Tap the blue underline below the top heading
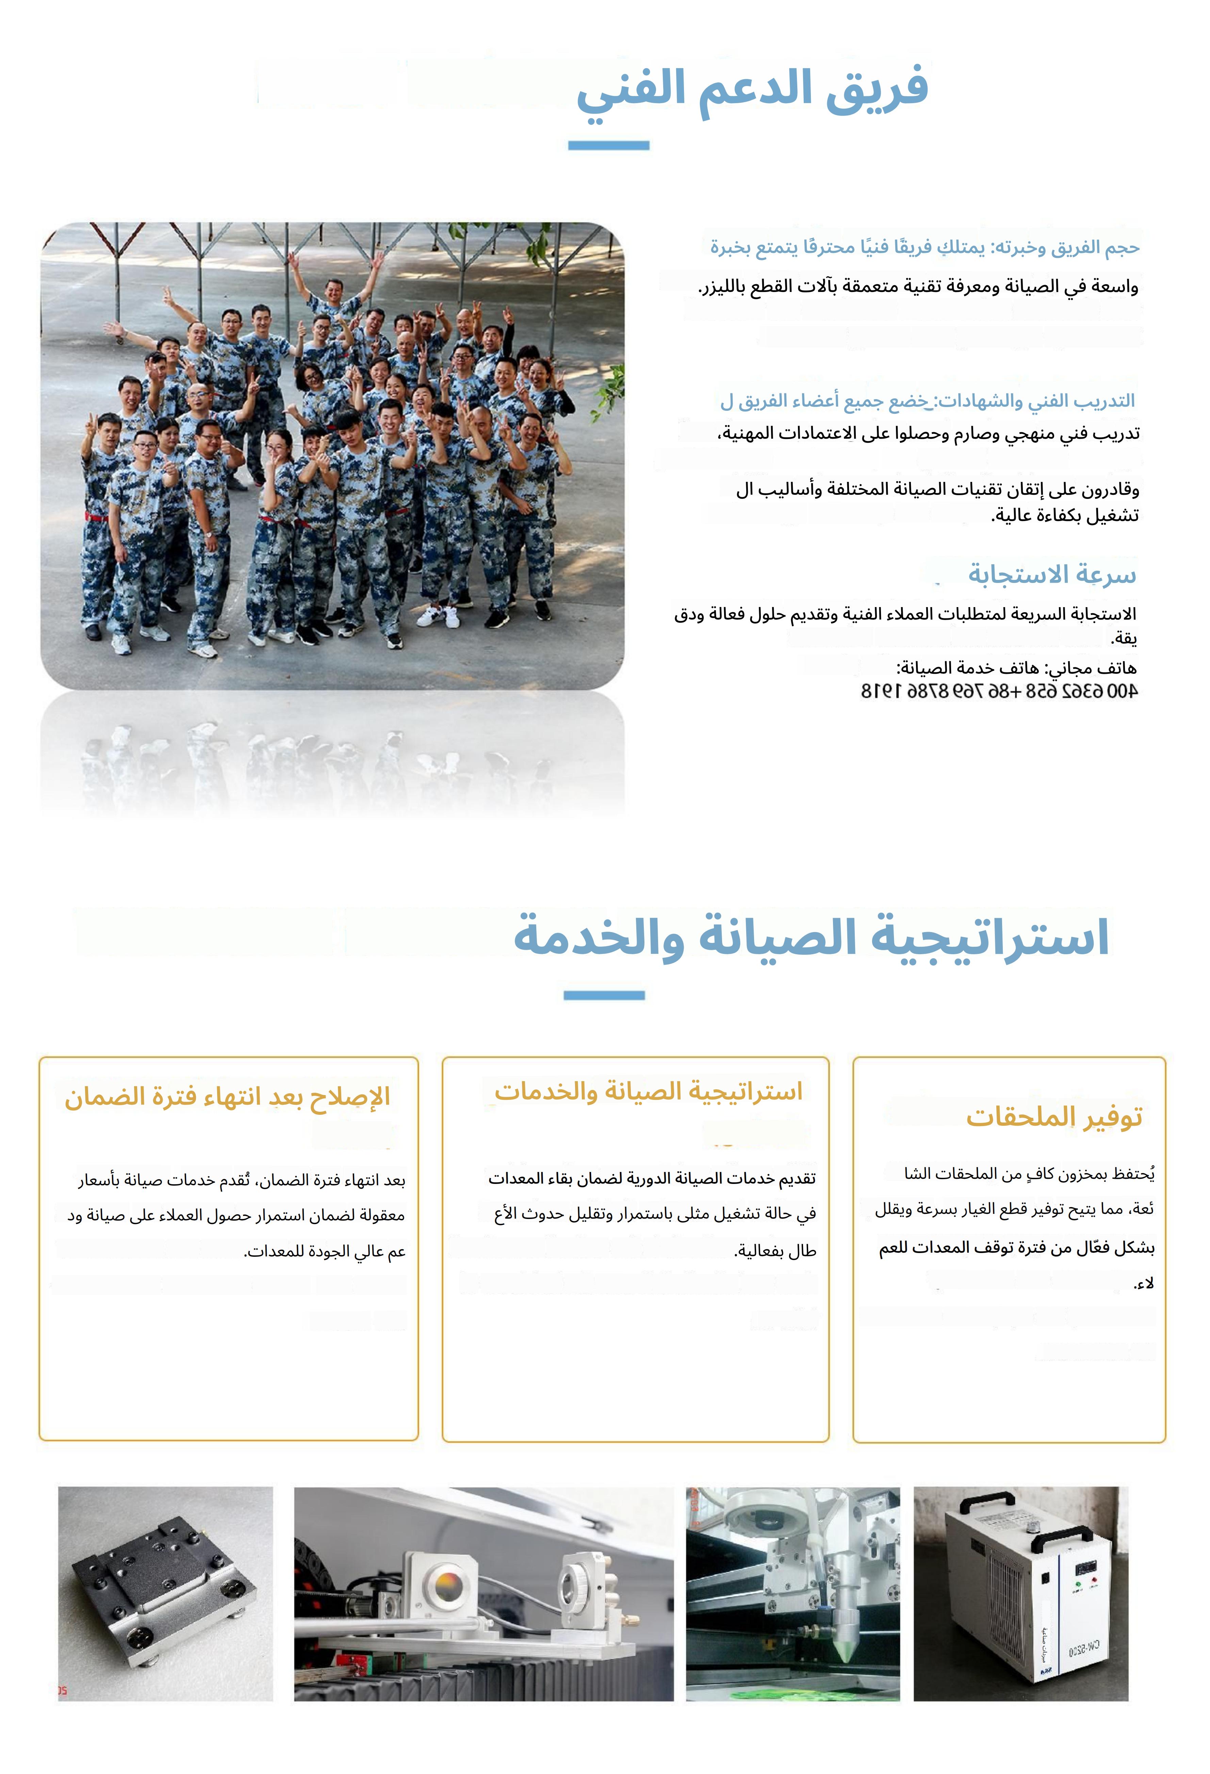click(608, 145)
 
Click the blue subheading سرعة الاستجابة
click(1052, 574)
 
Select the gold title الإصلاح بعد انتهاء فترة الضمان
click(228, 1097)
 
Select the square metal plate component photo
click(165, 1594)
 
